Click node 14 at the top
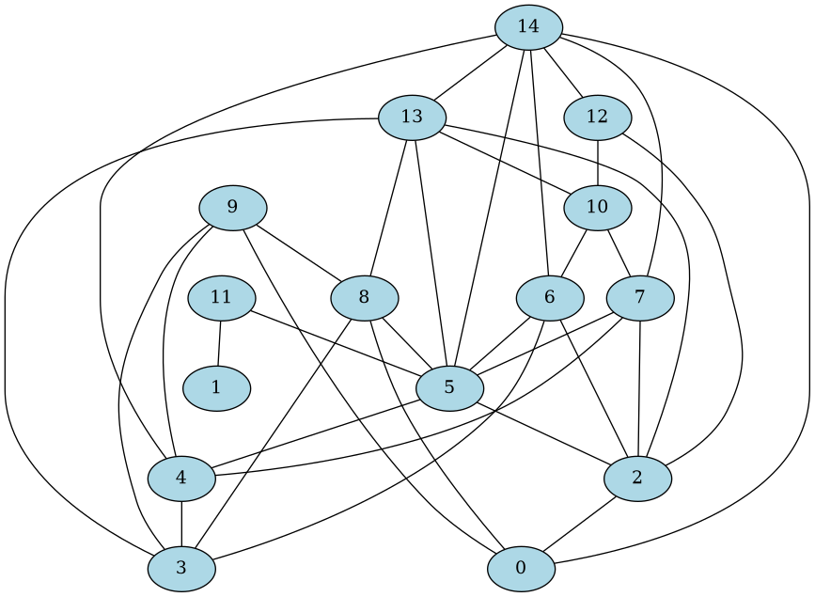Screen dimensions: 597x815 (x=528, y=26)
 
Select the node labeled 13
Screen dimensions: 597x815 (x=412, y=118)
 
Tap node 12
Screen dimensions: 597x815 (x=598, y=118)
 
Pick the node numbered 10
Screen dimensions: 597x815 (x=598, y=207)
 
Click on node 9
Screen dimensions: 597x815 (x=232, y=207)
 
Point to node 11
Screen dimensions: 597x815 (x=221, y=298)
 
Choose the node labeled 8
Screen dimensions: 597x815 (x=364, y=298)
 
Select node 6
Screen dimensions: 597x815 (x=549, y=298)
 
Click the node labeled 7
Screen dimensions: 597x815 (x=640, y=298)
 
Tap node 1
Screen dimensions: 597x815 (x=216, y=387)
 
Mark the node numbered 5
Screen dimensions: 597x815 (x=449, y=387)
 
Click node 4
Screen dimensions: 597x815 (x=180, y=478)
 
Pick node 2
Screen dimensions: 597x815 (x=638, y=478)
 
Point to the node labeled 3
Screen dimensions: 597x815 (x=180, y=568)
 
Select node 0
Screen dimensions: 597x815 (x=521, y=568)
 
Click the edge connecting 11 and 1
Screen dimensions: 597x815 (x=219, y=343)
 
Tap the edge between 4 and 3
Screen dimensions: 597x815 (x=180, y=523)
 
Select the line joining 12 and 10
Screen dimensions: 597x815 (x=598, y=162)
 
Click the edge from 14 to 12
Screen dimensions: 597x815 (x=563, y=71)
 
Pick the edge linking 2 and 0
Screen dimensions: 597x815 (x=579, y=523)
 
